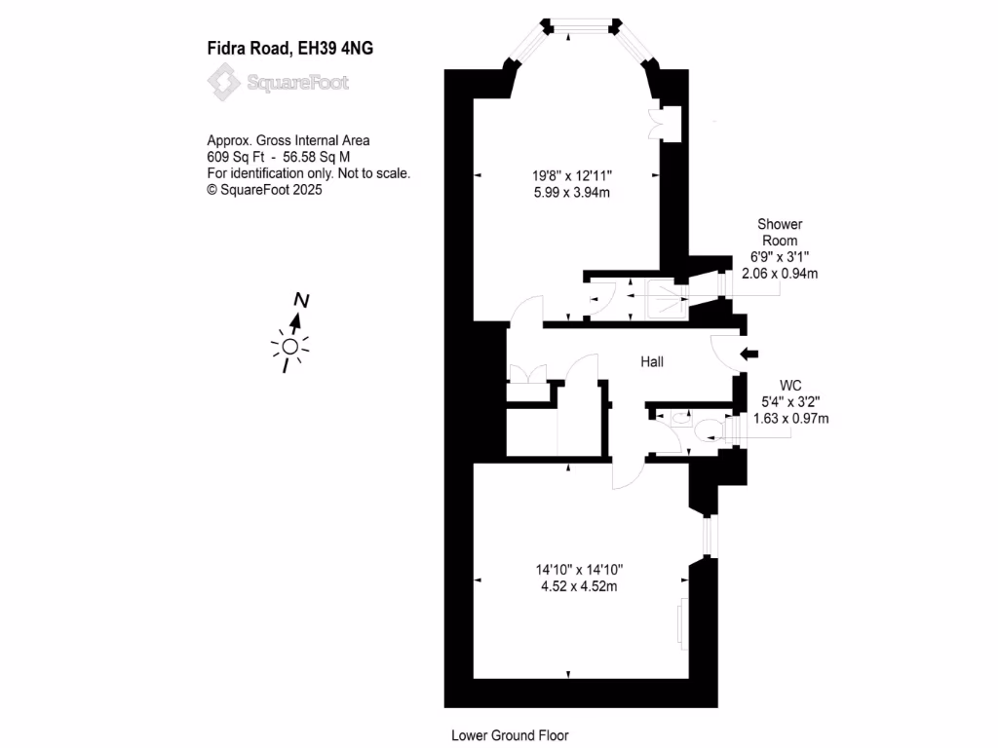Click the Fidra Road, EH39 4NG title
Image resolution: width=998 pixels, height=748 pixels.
(289, 47)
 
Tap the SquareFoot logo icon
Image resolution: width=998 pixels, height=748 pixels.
(225, 82)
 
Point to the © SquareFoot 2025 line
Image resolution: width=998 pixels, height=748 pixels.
(264, 190)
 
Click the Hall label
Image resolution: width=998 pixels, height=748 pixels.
(652, 361)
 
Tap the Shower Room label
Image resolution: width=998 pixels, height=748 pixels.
(779, 232)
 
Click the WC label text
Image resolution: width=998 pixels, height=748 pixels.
(790, 384)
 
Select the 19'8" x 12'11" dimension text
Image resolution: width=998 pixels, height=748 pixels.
(578, 176)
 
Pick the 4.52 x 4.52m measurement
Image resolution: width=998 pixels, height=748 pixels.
(579, 586)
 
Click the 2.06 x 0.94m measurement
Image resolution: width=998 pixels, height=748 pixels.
(780, 274)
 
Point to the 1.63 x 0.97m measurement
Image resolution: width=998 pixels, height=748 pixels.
(790, 419)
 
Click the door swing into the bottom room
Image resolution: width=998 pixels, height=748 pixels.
(626, 474)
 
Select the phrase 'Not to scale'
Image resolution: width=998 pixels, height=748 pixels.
(376, 173)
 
